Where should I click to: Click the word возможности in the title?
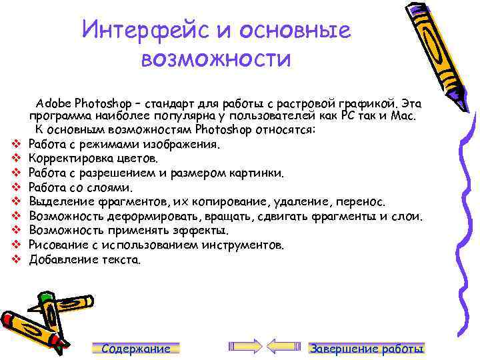(x=217, y=59)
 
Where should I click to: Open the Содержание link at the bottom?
(x=135, y=348)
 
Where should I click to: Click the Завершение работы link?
(x=367, y=348)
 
